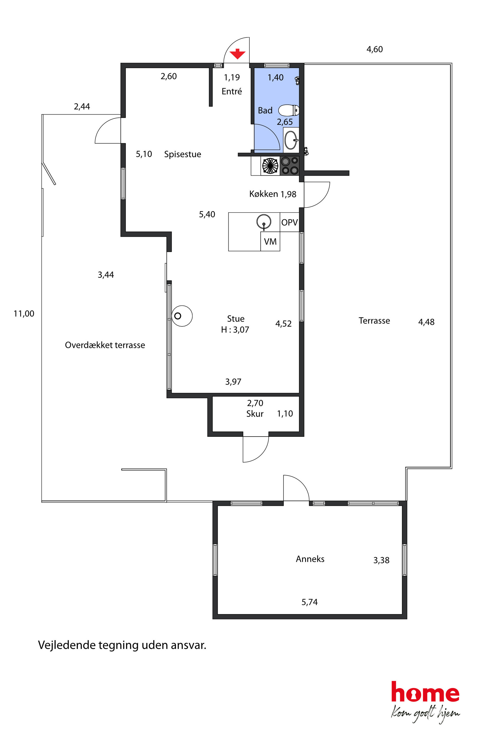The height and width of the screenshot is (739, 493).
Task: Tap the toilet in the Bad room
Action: tap(289, 110)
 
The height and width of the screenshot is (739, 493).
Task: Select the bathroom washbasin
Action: tap(291, 140)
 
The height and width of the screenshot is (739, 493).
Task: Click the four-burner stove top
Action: tap(289, 166)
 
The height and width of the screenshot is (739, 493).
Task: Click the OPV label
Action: tap(289, 222)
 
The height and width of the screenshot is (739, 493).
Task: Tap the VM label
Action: tap(270, 242)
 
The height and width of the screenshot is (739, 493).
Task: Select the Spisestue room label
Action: tap(183, 154)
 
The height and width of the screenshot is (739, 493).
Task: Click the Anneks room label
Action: tap(310, 559)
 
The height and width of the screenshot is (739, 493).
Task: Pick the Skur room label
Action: tap(255, 414)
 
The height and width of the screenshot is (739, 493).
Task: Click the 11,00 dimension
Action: tap(24, 314)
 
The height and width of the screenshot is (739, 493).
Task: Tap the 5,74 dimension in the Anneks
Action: tap(310, 602)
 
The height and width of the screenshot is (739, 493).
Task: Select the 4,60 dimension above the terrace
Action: tap(375, 49)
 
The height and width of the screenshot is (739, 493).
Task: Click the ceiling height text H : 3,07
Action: tap(235, 330)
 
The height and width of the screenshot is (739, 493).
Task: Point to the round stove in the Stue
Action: tap(182, 316)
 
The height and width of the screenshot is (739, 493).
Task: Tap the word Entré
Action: tap(232, 91)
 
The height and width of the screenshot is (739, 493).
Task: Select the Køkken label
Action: tap(263, 194)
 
